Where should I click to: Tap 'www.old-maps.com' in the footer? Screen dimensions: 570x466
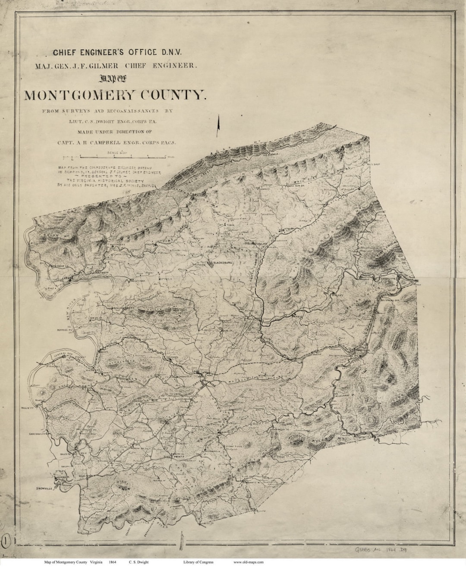(x=248, y=562)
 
